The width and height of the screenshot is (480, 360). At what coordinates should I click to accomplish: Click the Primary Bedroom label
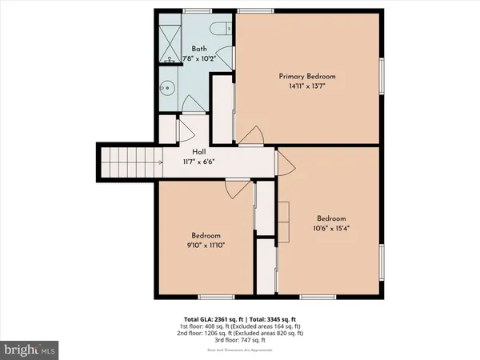[307, 76]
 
